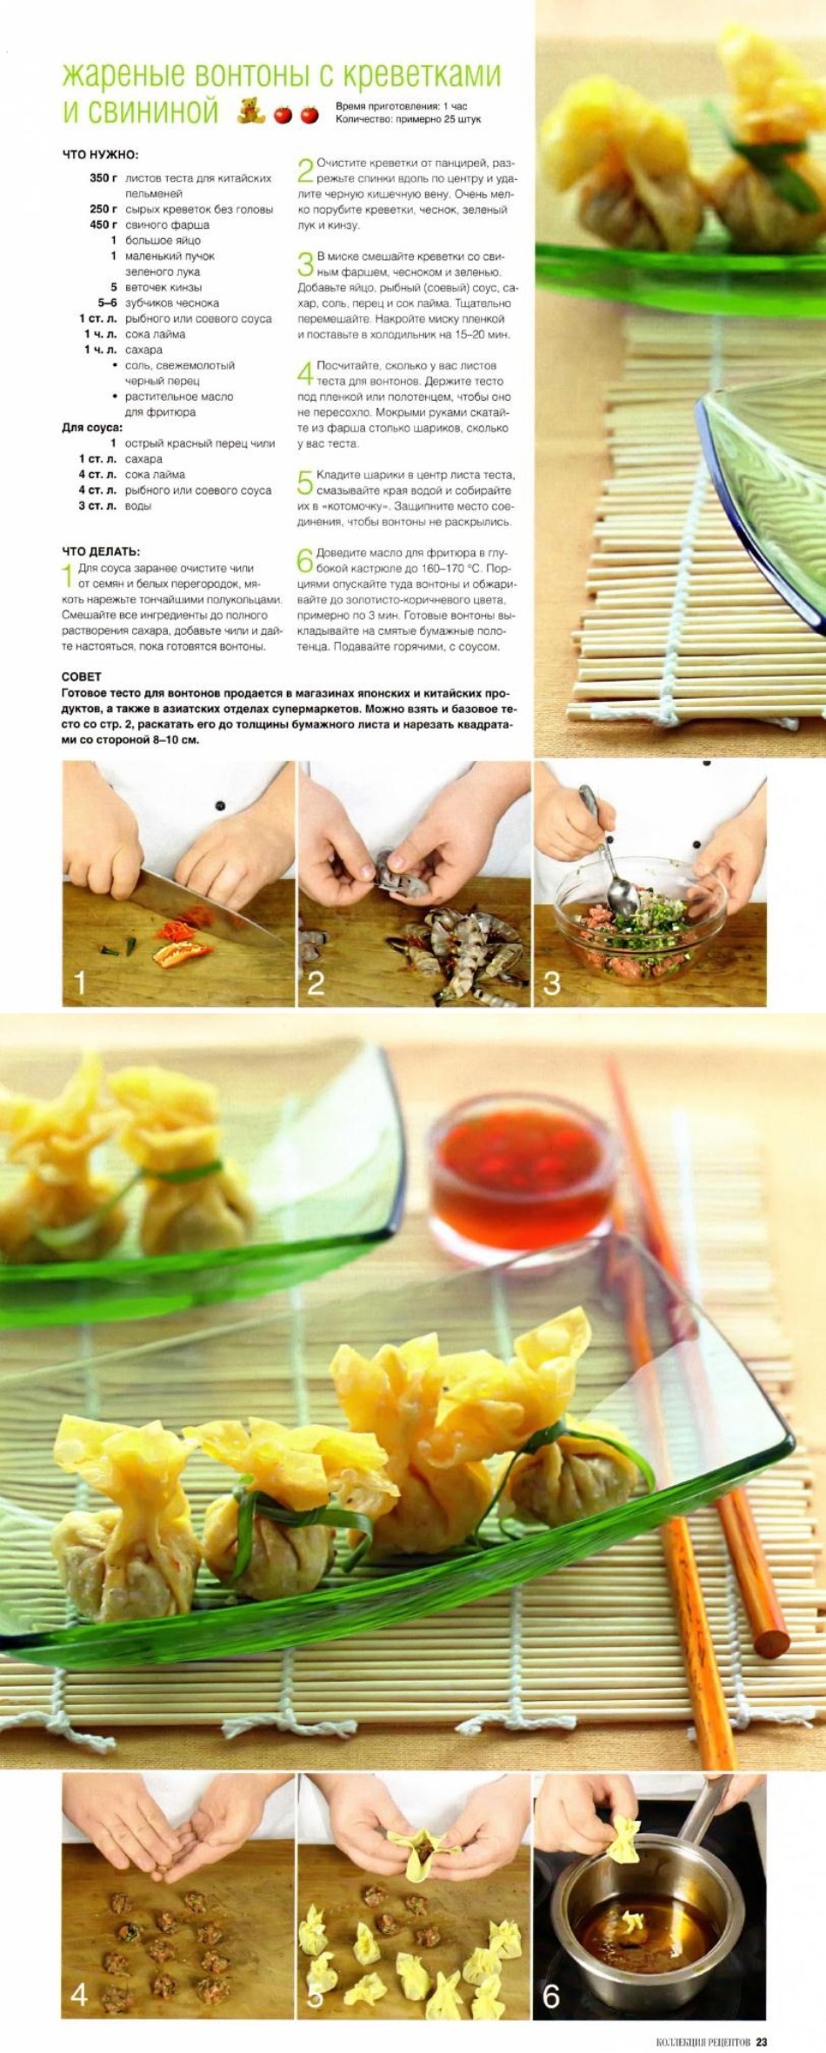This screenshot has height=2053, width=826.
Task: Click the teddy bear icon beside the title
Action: coord(250,111)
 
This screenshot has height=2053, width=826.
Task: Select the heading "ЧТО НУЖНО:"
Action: coord(100,155)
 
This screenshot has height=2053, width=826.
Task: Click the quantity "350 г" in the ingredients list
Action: coord(103,178)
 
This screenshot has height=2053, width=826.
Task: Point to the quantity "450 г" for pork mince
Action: coord(103,225)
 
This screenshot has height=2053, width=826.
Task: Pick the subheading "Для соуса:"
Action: coord(92,428)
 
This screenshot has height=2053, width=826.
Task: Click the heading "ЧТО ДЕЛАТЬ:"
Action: coord(101,551)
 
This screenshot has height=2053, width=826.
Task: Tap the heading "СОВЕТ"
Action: coord(82,677)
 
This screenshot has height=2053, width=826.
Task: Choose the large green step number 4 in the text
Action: coord(305,374)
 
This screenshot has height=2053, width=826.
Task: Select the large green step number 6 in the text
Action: coord(305,561)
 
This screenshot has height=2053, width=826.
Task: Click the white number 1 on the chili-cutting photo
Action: coord(80,983)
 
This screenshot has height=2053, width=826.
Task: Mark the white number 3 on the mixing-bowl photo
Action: coord(551,983)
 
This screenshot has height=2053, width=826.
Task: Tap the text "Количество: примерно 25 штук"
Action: coord(408,119)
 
